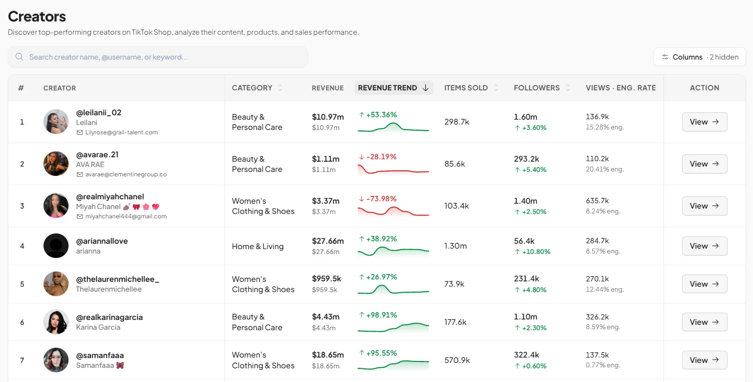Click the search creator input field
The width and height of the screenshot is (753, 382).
pyautogui.click(x=158, y=57)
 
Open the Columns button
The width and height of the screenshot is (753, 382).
pyautogui.click(x=700, y=57)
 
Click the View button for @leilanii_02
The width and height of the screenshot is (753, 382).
pyautogui.click(x=705, y=122)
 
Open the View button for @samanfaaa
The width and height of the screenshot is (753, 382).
pyautogui.click(x=705, y=360)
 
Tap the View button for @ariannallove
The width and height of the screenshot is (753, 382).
pyautogui.click(x=705, y=246)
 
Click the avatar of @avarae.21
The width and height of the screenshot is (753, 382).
pyautogui.click(x=56, y=164)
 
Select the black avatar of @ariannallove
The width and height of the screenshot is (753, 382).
pyautogui.click(x=56, y=246)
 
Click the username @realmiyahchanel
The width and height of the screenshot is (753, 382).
pyautogui.click(x=110, y=196)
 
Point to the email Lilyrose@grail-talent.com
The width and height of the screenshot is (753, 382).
pyautogui.click(x=121, y=132)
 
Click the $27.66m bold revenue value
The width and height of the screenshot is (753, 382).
pyautogui.click(x=328, y=241)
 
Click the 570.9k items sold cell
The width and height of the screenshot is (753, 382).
pyautogui.click(x=457, y=360)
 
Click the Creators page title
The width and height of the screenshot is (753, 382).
pyautogui.click(x=37, y=17)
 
